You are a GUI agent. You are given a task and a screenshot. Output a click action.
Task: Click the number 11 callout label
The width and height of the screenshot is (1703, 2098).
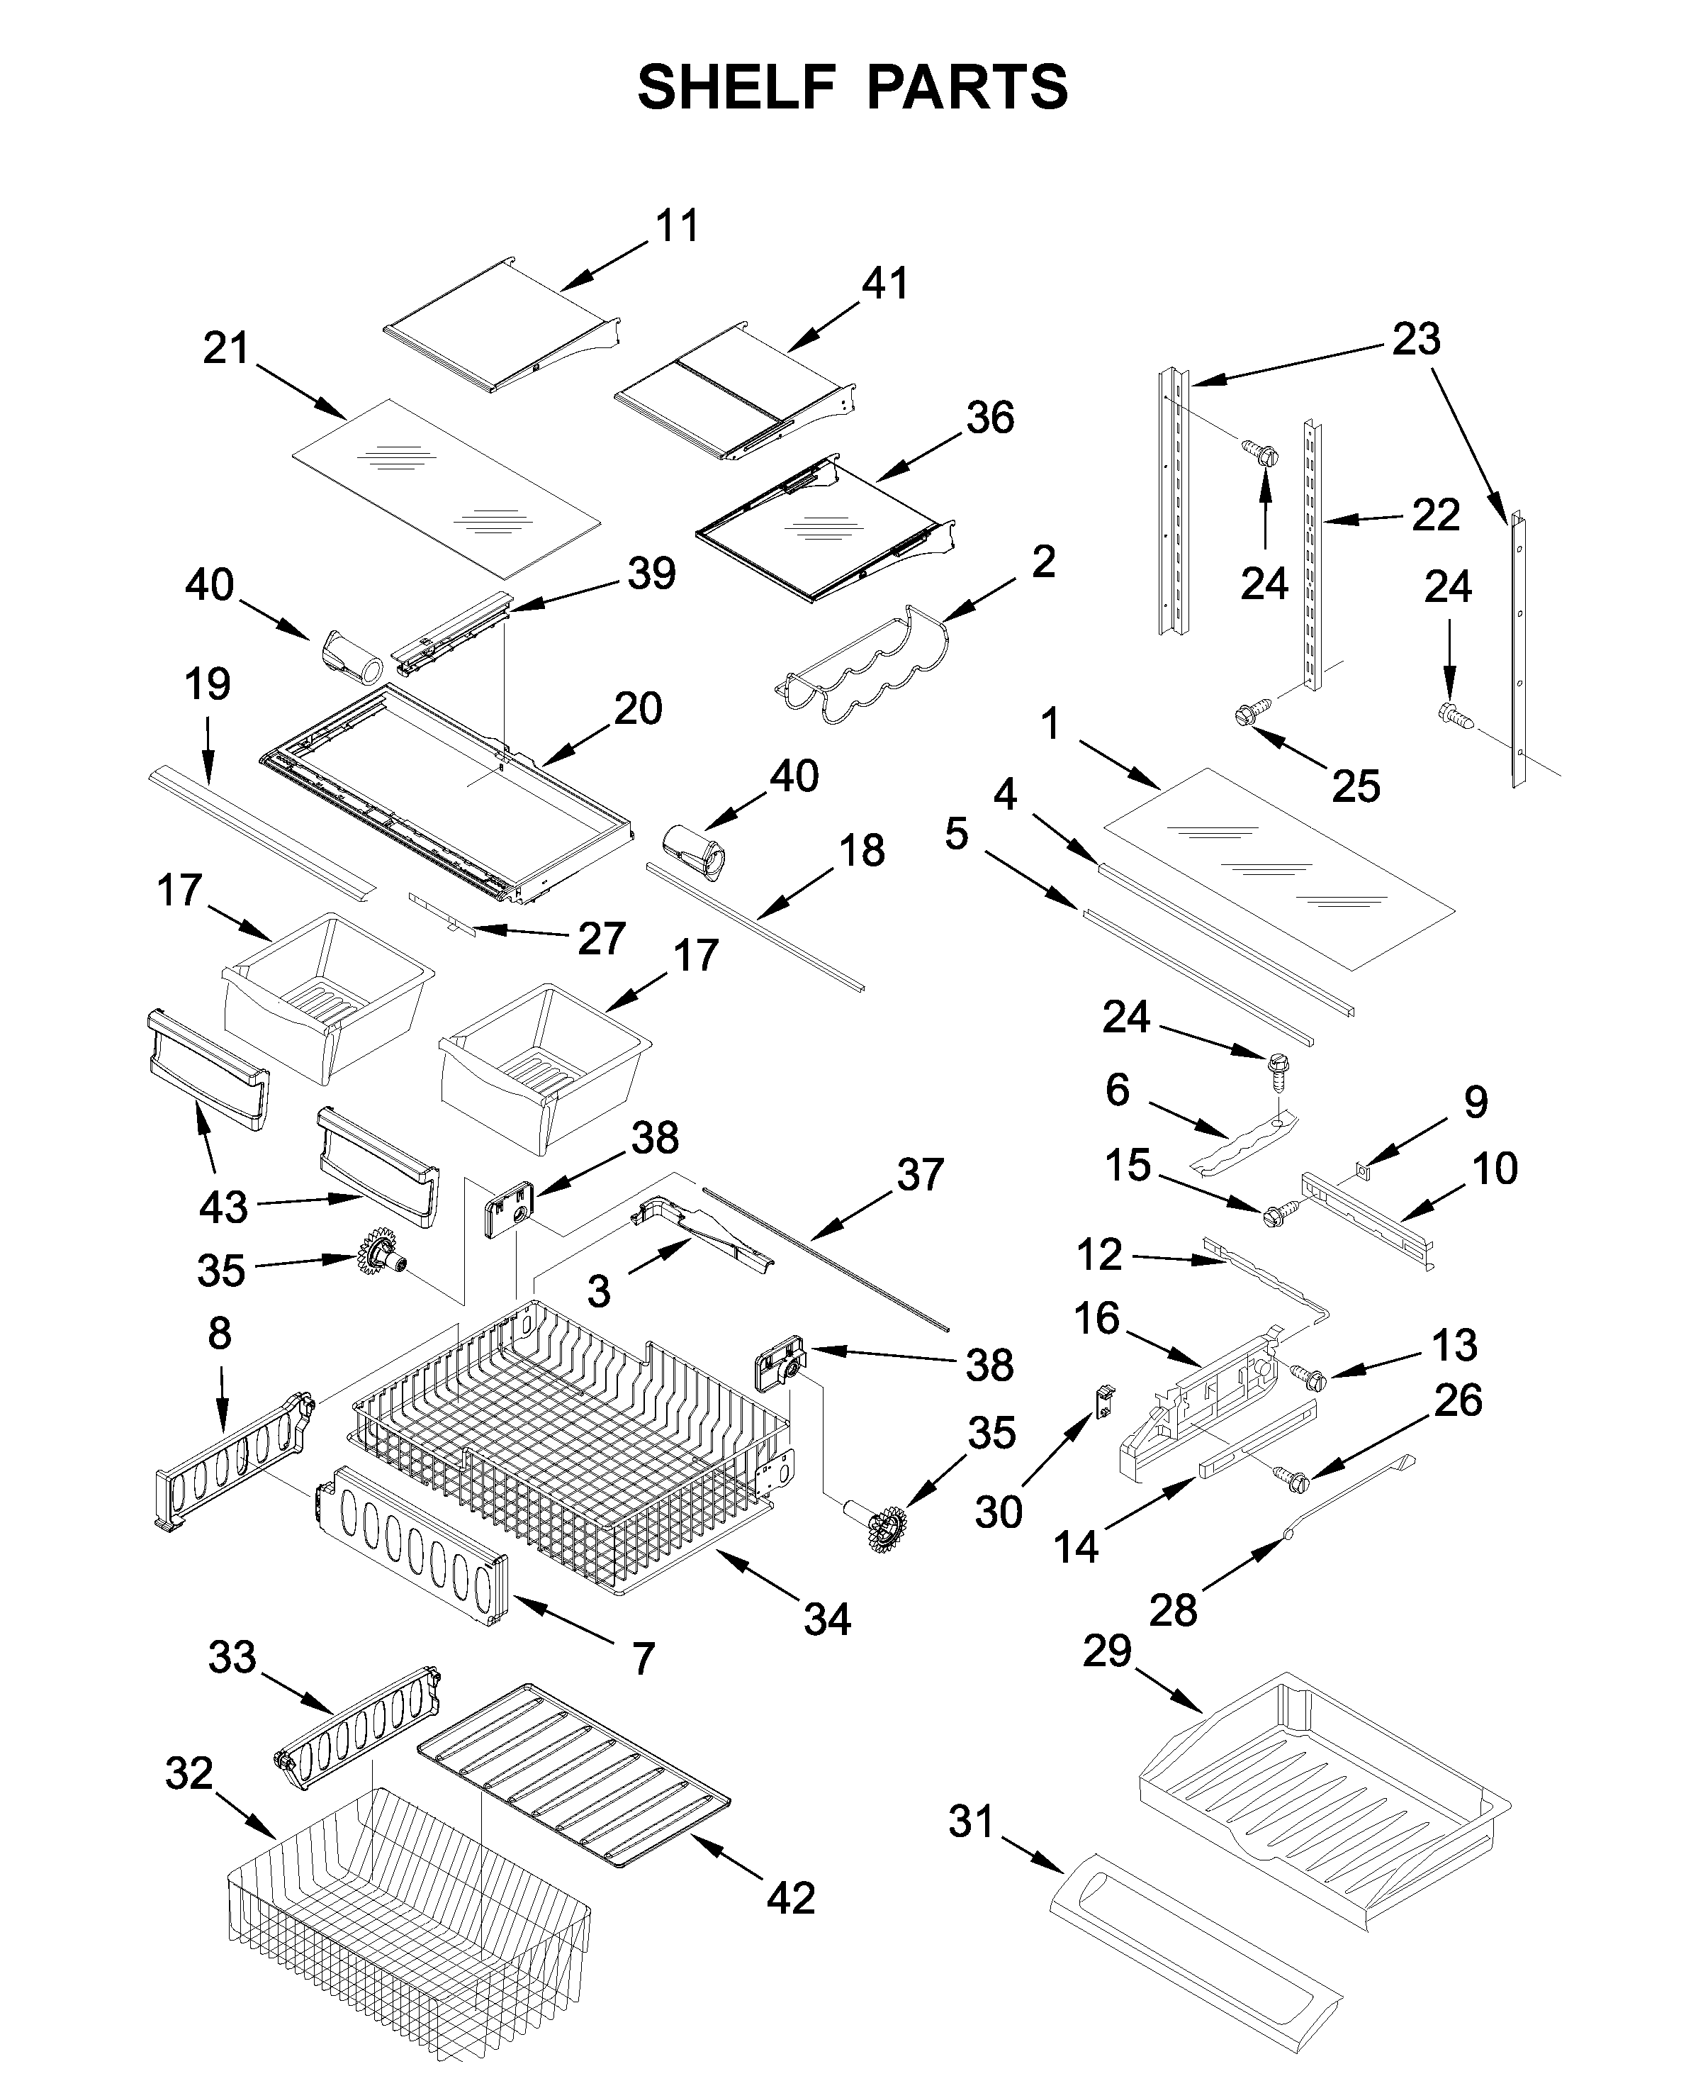[x=677, y=227]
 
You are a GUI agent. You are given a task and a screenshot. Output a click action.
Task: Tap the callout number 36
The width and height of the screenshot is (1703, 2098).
[x=990, y=419]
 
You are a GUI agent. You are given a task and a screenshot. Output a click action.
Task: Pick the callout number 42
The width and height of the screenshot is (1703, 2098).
[x=791, y=1898]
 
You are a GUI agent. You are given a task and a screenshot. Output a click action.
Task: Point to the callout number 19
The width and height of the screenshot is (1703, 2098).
[x=207, y=685]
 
